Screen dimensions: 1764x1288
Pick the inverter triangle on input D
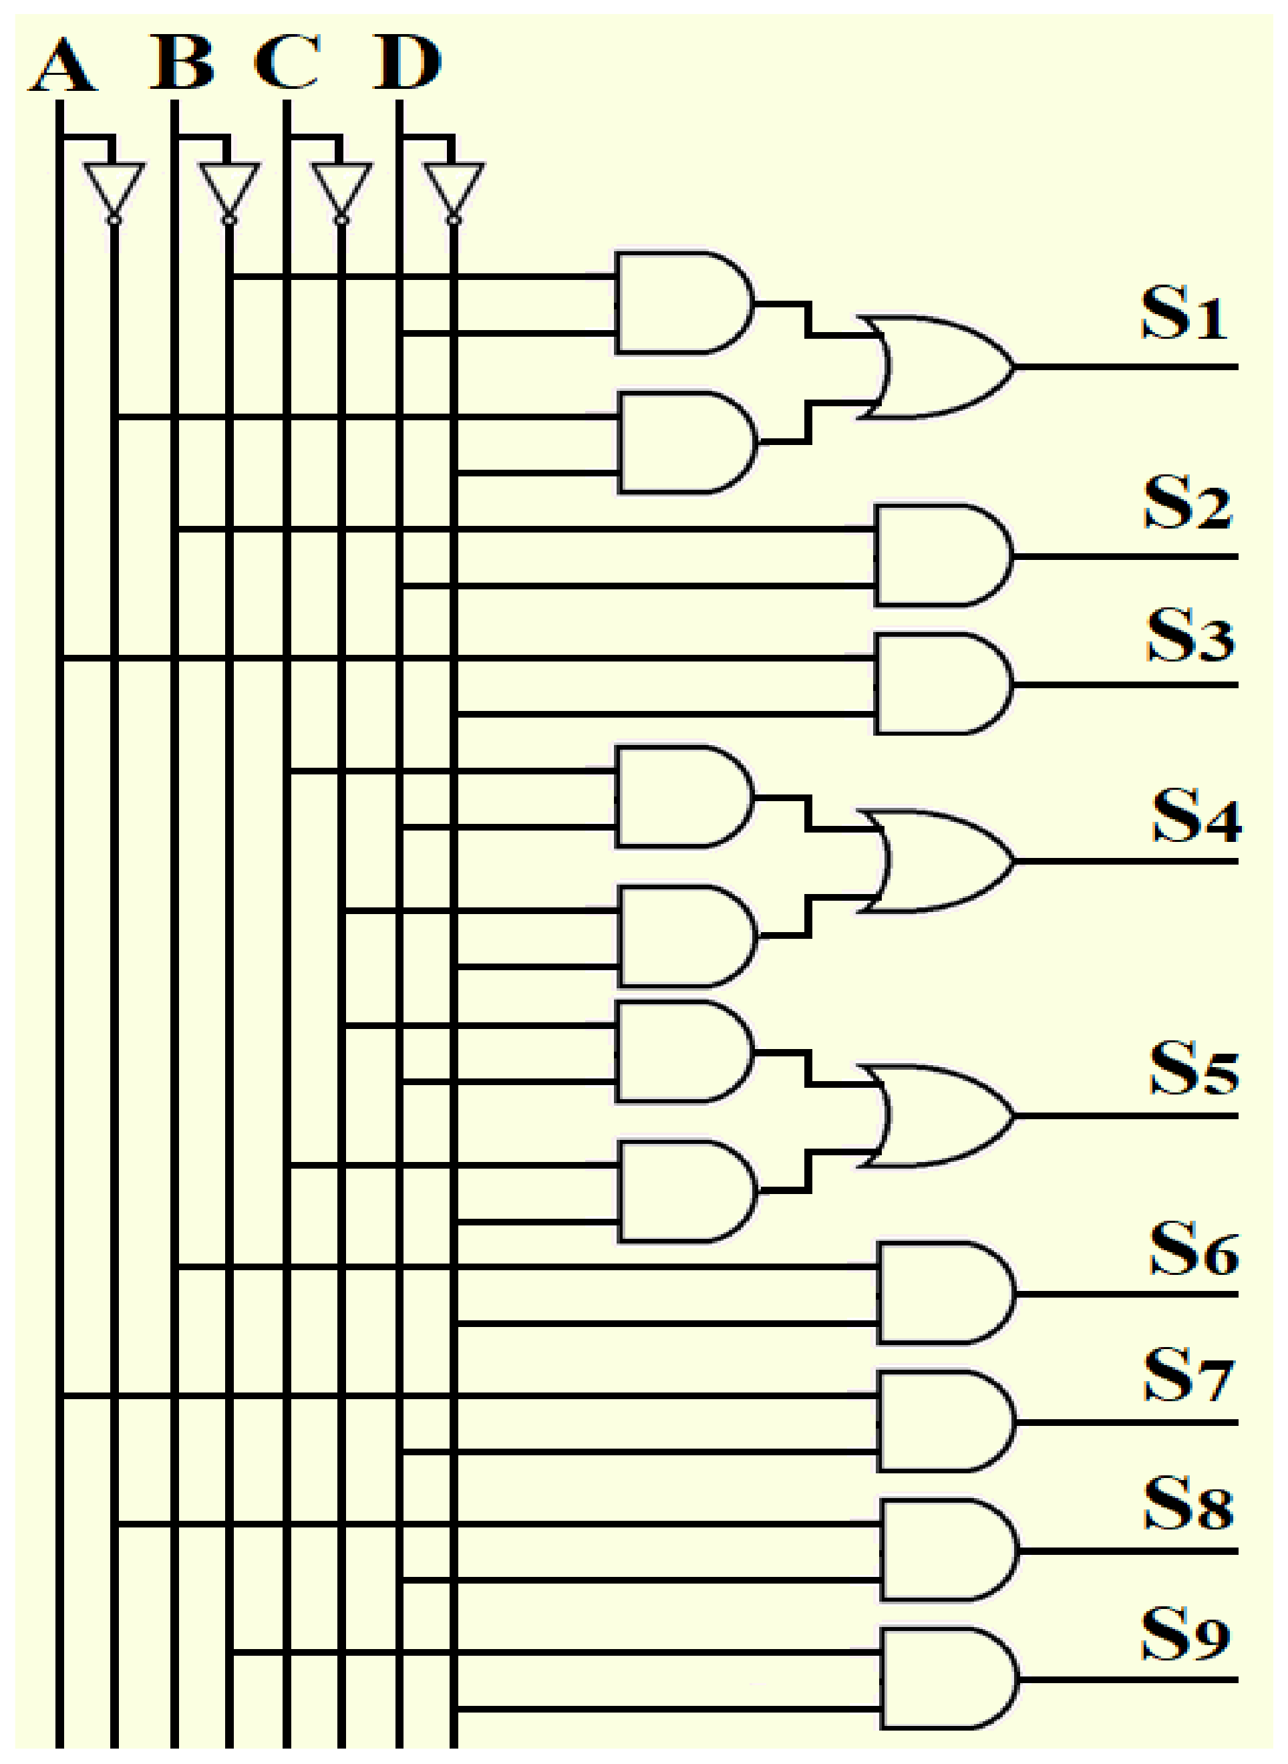[x=454, y=187]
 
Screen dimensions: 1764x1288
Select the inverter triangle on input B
[x=229, y=187]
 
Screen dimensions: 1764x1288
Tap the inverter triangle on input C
[x=341, y=187]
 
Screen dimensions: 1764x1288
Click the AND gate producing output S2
[x=939, y=556]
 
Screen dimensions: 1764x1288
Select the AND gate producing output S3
[x=939, y=684]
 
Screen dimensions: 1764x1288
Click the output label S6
[x=1194, y=1249]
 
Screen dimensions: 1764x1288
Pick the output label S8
[x=1188, y=1504]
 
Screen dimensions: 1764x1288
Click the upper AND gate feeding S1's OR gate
[x=680, y=303]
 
